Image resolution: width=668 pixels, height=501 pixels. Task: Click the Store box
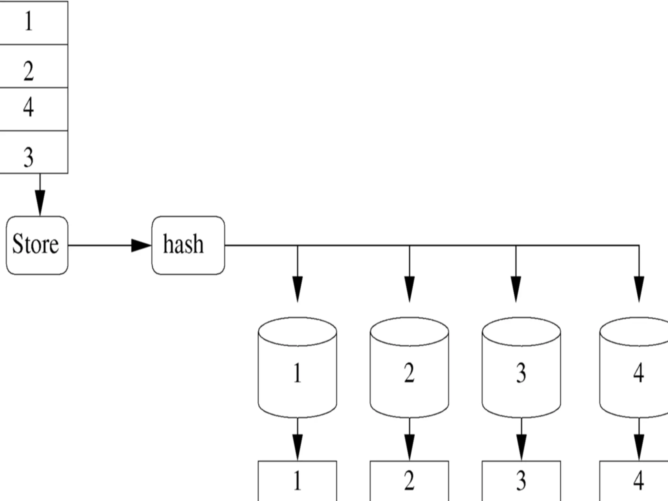[37, 245]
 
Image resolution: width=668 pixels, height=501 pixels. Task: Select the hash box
[188, 245]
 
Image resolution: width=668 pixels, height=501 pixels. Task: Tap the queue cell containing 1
[33, 22]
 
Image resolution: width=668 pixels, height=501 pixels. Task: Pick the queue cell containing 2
[33, 66]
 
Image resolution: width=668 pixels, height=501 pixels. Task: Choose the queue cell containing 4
[33, 109]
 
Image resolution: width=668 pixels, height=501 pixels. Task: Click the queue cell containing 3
[33, 152]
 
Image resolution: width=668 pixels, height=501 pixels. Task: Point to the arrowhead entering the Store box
[40, 203]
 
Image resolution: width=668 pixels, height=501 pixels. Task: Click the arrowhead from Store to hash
[141, 245]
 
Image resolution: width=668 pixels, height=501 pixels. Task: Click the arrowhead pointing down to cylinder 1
[297, 289]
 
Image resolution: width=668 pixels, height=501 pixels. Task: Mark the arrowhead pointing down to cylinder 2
[409, 289]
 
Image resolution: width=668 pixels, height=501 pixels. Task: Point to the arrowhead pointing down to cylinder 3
[516, 289]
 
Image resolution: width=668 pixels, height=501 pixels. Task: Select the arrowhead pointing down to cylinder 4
[639, 289]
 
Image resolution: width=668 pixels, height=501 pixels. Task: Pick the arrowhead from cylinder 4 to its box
[639, 447]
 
